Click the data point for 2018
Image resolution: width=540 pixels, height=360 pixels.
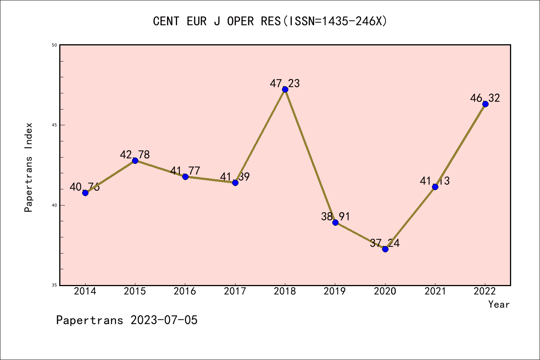point(285,89)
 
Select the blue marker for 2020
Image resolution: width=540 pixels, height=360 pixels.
point(385,249)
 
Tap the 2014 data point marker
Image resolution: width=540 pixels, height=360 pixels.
point(85,193)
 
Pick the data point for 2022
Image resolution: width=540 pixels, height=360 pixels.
point(485,104)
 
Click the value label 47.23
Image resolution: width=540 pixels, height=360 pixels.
point(285,83)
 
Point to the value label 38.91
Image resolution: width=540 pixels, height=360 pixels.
point(335,216)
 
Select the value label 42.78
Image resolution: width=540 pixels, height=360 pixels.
point(135,154)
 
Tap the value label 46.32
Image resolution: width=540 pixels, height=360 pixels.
point(485,98)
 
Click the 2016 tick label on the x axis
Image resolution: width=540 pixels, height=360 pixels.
point(185,291)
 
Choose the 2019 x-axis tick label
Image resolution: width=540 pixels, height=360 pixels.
point(335,291)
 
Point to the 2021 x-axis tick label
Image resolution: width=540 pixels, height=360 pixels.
point(435,291)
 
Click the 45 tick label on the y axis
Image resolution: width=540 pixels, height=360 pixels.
point(54,125)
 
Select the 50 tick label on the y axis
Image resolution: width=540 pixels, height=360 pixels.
point(54,45)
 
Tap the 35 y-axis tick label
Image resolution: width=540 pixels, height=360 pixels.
point(54,285)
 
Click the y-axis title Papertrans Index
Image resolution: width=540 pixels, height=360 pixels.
point(29,167)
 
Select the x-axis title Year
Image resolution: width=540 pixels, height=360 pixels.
point(499,304)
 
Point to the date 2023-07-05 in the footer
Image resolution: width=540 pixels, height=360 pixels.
point(164,320)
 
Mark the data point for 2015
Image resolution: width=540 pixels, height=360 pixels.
point(135,160)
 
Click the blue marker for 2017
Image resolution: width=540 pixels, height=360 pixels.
point(235,183)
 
